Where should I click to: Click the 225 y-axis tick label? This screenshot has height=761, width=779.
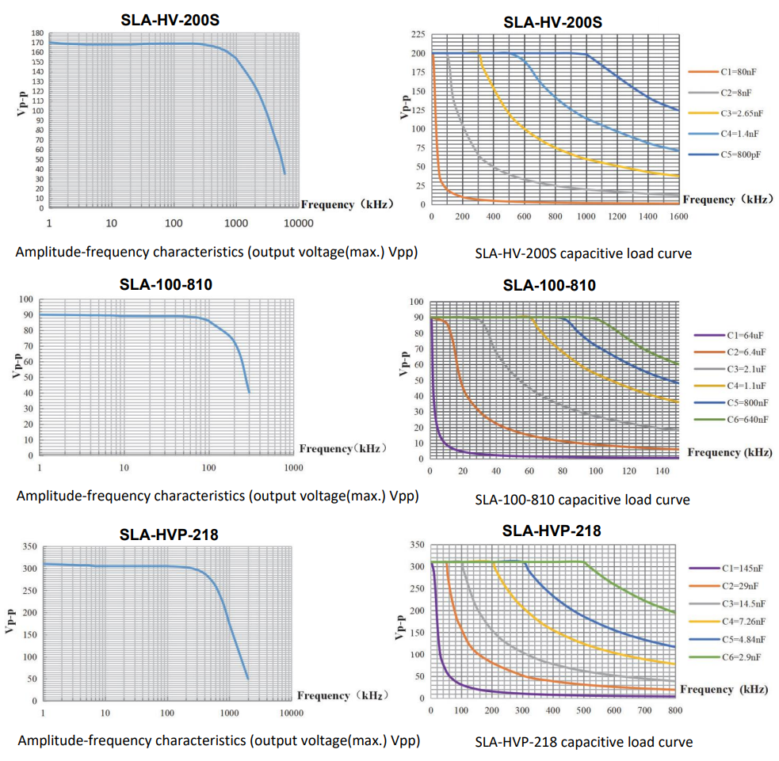click(x=417, y=35)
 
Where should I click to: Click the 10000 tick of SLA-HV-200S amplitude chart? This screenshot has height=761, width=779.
click(x=300, y=223)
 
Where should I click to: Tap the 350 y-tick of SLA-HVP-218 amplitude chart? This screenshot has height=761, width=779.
click(x=29, y=546)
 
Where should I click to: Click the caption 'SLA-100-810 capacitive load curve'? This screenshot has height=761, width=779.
click(x=582, y=500)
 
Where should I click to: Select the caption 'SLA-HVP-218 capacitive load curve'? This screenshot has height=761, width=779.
click(x=583, y=742)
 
